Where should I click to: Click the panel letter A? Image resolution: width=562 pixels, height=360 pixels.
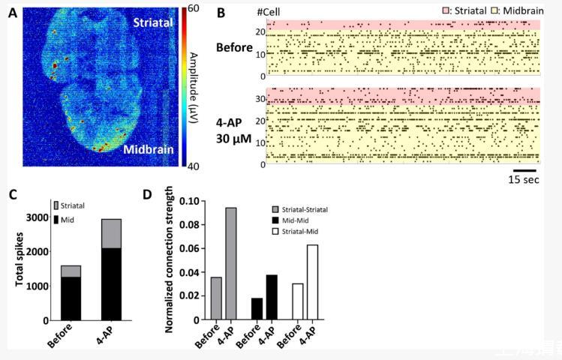click(x=13, y=13)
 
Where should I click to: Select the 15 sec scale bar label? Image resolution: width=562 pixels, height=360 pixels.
click(x=523, y=180)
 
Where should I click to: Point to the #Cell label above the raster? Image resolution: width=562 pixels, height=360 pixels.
click(x=269, y=13)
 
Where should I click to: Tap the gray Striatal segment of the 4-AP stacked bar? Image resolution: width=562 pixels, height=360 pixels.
click(x=111, y=233)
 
